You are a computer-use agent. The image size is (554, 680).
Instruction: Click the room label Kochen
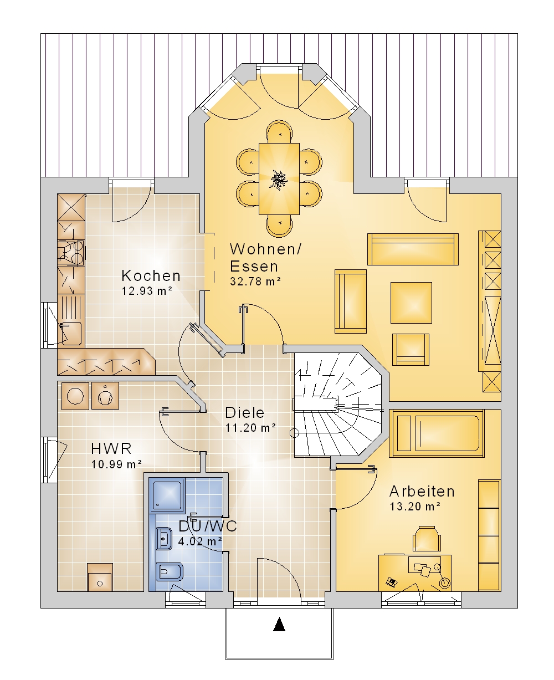[151, 276]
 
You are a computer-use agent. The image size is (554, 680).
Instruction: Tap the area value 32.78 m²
[255, 282]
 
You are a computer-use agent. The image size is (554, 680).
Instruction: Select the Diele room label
[245, 413]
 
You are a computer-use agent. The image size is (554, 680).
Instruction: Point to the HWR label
[111, 448]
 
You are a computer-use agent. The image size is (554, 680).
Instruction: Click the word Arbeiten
[422, 492]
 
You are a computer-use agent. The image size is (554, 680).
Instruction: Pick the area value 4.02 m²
[200, 541]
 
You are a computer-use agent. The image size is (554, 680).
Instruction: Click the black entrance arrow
[279, 624]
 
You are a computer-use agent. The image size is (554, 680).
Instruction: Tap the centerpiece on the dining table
[279, 179]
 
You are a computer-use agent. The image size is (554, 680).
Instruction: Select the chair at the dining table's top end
[279, 132]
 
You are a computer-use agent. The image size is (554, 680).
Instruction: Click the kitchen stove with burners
[71, 253]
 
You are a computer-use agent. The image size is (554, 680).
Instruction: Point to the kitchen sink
[71, 333]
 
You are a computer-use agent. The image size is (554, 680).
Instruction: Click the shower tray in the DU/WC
[167, 495]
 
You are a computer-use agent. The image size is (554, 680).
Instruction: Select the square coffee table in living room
[411, 303]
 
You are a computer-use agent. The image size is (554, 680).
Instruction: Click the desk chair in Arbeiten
[427, 539]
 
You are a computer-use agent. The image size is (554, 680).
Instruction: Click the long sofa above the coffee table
[413, 249]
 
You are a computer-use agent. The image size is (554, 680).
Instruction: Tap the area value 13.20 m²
[415, 507]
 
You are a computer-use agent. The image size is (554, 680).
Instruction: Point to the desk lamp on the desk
[442, 577]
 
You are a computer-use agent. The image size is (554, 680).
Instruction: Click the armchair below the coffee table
[411, 350]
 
